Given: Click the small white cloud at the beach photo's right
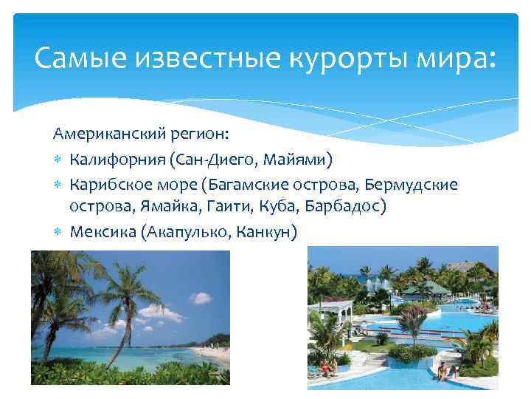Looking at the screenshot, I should point(200,298).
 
